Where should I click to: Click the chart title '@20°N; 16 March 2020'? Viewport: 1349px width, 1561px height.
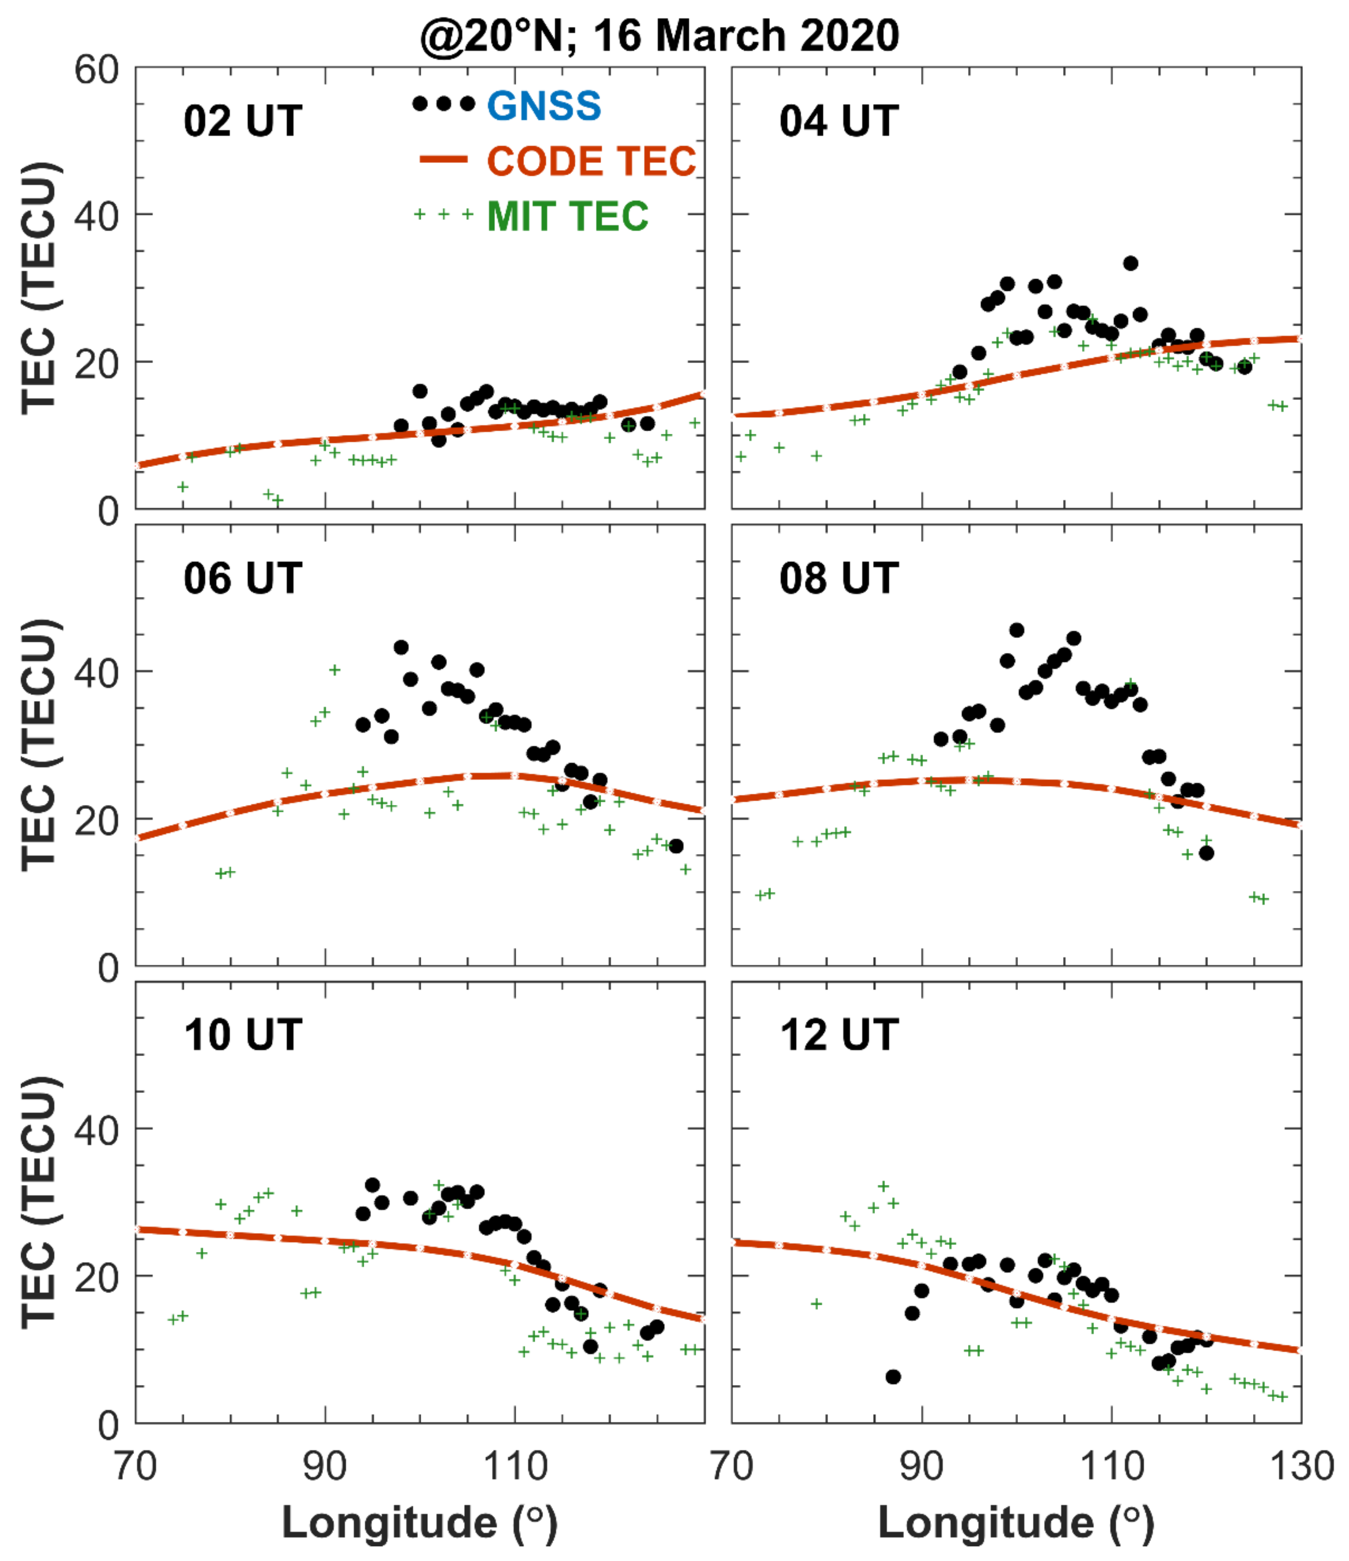click(x=660, y=35)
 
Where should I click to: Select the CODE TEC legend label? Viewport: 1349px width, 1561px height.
click(x=592, y=161)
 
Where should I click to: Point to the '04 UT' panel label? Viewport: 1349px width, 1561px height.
click(x=839, y=121)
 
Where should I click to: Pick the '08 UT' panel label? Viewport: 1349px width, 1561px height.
click(x=839, y=579)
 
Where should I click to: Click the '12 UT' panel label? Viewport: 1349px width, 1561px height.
click(x=839, y=1035)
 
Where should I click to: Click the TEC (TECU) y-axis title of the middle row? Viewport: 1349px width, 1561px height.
click(x=39, y=746)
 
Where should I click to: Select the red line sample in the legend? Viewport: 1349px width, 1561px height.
click(x=443, y=160)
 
